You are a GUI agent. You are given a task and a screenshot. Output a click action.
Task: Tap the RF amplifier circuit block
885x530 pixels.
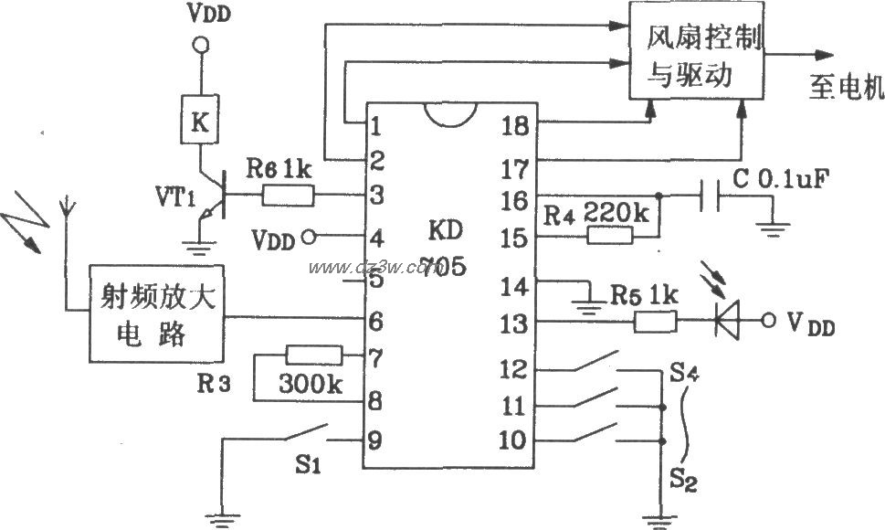click(x=156, y=316)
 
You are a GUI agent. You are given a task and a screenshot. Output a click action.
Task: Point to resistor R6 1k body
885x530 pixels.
click(x=289, y=195)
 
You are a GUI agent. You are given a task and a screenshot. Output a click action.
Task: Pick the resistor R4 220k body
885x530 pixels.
click(x=608, y=237)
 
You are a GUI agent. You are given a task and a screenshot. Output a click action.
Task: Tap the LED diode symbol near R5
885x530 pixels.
click(x=728, y=322)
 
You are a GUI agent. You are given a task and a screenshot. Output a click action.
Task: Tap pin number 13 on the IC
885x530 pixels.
click(x=514, y=322)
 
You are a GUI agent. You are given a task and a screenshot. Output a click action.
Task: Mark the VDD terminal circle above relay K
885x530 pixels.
click(x=200, y=45)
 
